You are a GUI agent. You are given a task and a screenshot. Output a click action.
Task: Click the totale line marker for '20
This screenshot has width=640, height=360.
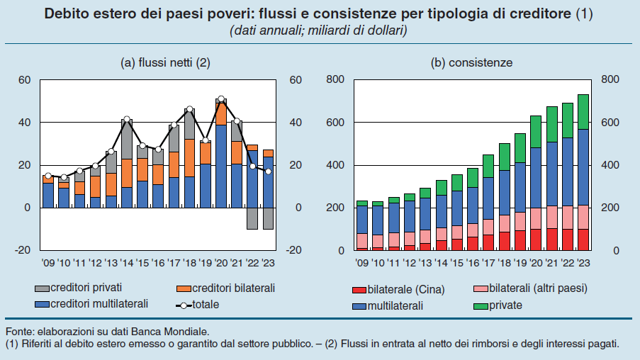tap(221, 99)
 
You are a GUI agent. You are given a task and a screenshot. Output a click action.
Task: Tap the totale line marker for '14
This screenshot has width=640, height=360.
tap(127, 120)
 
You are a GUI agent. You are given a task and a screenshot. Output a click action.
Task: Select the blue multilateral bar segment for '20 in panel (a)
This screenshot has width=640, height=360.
tap(221, 166)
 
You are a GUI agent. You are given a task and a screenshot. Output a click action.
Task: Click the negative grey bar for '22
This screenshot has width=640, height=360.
tap(252, 218)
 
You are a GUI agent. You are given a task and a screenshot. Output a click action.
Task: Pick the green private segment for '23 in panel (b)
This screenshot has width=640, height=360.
tap(583, 112)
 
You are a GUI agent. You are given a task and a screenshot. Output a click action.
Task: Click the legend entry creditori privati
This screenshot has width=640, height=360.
tap(79, 288)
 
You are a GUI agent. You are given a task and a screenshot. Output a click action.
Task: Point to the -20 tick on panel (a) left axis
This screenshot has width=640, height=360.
tap(23, 251)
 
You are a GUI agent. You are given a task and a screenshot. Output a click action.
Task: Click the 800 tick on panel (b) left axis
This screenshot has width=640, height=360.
tap(335, 80)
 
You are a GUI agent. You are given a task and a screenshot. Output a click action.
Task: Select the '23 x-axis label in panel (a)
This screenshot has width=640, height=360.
tap(268, 262)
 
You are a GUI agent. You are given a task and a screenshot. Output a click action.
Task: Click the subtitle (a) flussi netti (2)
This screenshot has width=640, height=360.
tap(165, 62)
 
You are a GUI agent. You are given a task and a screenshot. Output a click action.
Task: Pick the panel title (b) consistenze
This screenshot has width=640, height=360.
tap(471, 62)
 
